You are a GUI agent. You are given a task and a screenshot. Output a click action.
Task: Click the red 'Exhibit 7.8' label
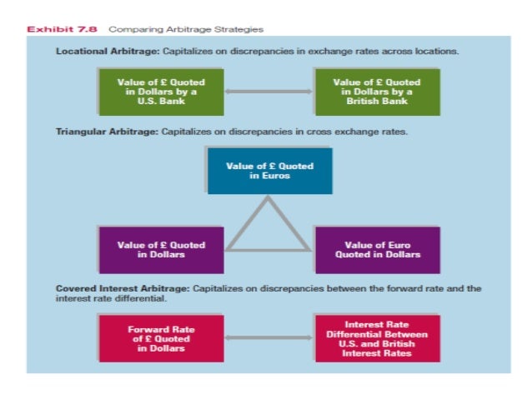click(x=61, y=29)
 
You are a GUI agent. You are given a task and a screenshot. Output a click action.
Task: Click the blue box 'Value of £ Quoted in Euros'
click(x=269, y=171)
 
